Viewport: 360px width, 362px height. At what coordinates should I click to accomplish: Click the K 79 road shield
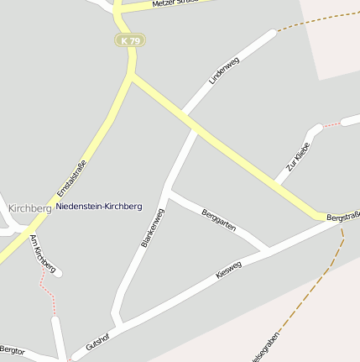[x=130, y=40]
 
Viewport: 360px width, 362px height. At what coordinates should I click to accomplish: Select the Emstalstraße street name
[x=71, y=178]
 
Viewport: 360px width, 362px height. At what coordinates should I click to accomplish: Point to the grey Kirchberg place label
[x=29, y=207]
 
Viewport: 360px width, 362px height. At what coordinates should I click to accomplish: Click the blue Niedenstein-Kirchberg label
[x=99, y=206]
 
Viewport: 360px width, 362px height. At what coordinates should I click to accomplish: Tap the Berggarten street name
[x=219, y=221]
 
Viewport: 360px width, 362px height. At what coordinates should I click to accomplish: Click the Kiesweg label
[x=228, y=270]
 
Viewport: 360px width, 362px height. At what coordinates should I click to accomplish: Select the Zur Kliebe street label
[x=298, y=157]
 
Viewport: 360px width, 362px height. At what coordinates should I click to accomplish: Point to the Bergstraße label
[x=343, y=216]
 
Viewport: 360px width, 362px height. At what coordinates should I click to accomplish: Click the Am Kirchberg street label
[x=42, y=254]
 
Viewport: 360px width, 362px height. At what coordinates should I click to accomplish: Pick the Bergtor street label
[x=13, y=349]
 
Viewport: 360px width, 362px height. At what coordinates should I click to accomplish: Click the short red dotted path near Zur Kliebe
[x=332, y=125]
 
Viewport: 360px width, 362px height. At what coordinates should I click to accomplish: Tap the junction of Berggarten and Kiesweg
[x=267, y=249]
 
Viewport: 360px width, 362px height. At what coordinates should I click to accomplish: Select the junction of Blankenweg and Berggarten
[x=170, y=192]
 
